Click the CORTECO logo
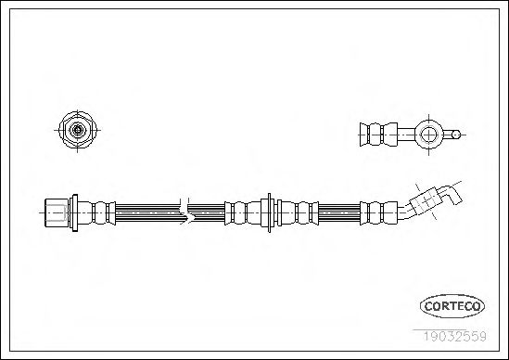click(x=452, y=306)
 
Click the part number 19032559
click(x=454, y=336)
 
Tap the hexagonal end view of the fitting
click(x=77, y=130)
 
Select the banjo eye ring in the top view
click(x=428, y=135)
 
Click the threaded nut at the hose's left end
click(x=57, y=212)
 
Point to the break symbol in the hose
click(x=186, y=212)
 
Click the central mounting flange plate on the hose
click(x=269, y=212)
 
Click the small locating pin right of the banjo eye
click(x=452, y=135)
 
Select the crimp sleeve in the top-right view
click(x=378, y=135)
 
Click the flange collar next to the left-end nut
click(x=74, y=212)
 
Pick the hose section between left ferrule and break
click(x=147, y=212)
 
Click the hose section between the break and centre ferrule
click(x=207, y=212)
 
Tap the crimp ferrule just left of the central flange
click(x=243, y=212)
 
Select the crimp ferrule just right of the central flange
click(x=298, y=212)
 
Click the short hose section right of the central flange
click(x=339, y=212)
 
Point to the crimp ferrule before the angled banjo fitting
click(x=378, y=212)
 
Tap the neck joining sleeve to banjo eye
click(x=407, y=135)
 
